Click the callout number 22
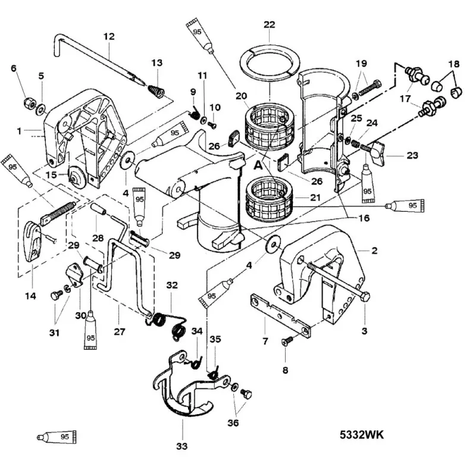(270, 24)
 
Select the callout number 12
(108, 36)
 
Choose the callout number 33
(182, 444)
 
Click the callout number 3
(365, 330)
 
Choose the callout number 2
(374, 250)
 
